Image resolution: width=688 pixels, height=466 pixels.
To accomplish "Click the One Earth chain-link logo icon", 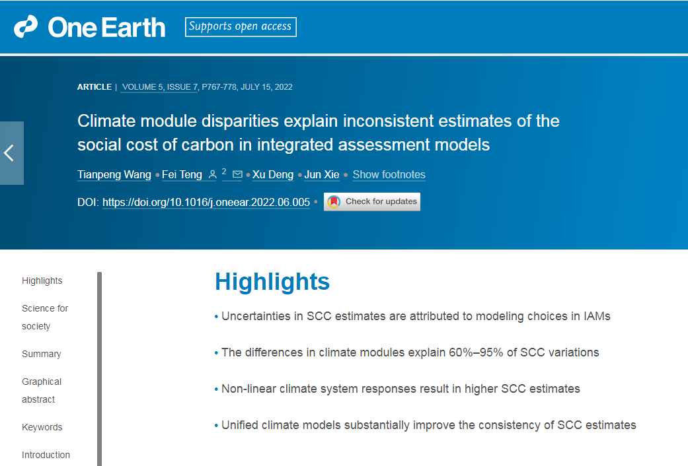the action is click(x=26, y=27).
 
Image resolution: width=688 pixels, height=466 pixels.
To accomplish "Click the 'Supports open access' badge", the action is click(x=241, y=27).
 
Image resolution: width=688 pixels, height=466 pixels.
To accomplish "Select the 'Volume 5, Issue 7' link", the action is click(x=160, y=87).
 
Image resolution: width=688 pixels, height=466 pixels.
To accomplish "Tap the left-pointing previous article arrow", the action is click(x=9, y=153).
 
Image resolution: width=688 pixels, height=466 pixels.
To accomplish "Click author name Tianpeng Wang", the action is click(x=114, y=174).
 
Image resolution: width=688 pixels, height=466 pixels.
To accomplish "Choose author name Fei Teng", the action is click(x=182, y=174).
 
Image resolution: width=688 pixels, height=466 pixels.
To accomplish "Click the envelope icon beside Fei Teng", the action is click(x=237, y=174).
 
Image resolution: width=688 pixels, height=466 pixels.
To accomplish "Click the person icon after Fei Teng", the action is click(x=212, y=174).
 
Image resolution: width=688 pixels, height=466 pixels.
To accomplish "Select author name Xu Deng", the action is click(x=273, y=174).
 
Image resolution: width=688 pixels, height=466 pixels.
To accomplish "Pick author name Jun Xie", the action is click(x=322, y=174).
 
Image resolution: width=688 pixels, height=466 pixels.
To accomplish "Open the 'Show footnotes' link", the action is click(x=389, y=174).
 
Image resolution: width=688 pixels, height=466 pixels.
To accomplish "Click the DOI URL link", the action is click(x=206, y=202).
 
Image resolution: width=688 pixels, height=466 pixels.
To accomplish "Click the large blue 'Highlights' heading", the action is click(x=272, y=281).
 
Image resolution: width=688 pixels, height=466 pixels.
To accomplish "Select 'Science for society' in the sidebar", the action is click(x=45, y=317).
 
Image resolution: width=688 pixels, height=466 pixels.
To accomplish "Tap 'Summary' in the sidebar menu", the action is click(x=41, y=354).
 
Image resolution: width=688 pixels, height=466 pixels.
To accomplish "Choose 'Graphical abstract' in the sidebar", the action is click(x=42, y=390).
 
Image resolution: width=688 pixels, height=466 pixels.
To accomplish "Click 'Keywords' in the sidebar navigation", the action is click(x=42, y=427).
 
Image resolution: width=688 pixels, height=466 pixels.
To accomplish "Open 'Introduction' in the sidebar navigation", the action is click(x=46, y=455).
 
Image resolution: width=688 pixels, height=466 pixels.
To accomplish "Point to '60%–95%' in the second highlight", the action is click(x=476, y=352).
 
